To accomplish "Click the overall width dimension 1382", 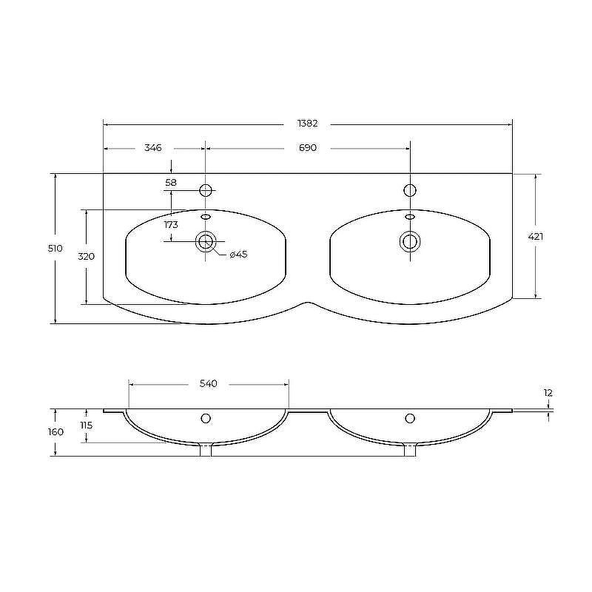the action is [x=308, y=124].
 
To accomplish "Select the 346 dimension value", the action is [x=153, y=147].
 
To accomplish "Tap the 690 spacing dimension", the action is [x=308, y=147].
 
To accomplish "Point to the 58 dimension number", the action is [x=171, y=183].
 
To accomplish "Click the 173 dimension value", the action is [x=171, y=225].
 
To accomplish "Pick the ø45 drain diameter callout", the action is [x=238, y=255].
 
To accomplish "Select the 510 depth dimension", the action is [x=55, y=249].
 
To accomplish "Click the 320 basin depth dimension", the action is [x=86, y=257].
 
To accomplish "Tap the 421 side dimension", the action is [x=535, y=237].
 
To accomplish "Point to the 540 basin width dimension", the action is [x=209, y=383].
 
